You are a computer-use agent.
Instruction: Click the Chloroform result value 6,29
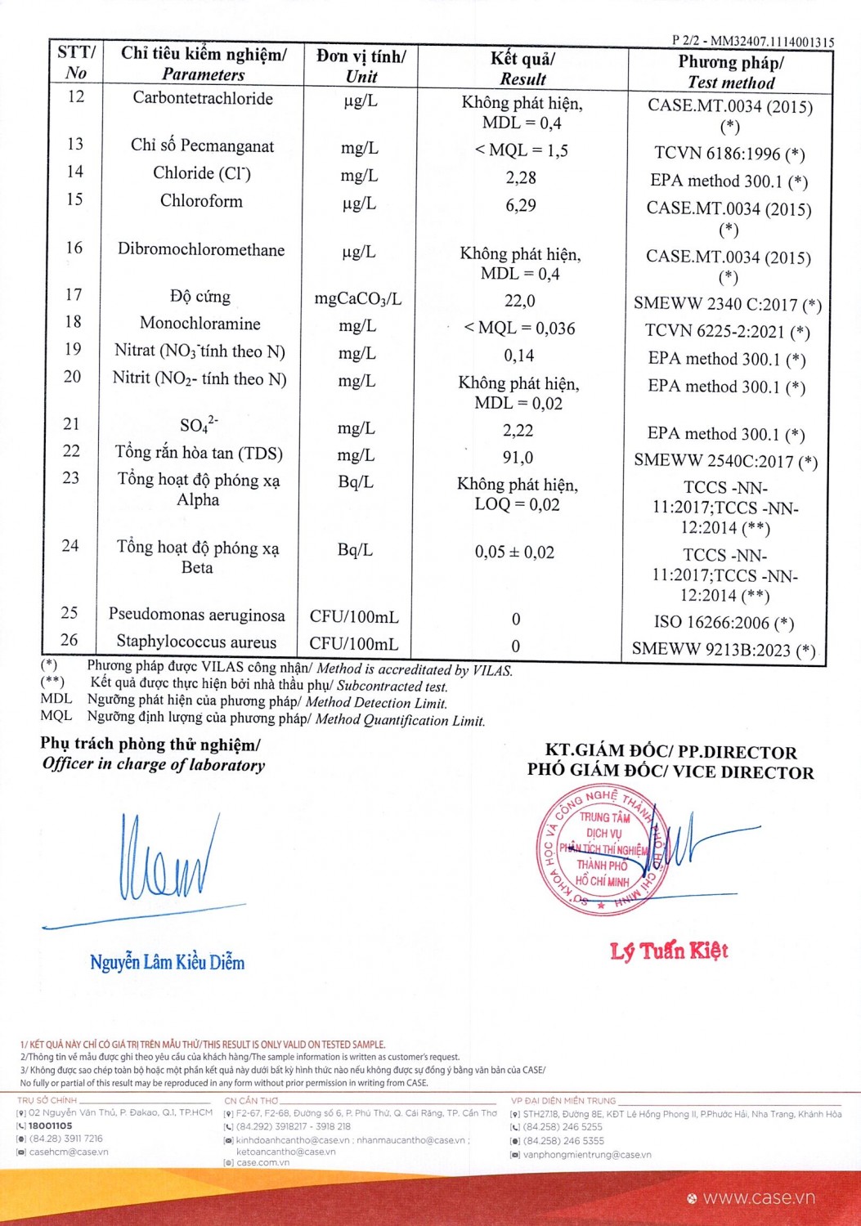521,205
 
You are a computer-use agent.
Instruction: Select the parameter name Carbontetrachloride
203,98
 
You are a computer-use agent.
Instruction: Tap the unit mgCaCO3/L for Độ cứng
358,299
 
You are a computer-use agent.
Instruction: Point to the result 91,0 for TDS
518,458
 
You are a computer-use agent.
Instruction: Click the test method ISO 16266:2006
724,623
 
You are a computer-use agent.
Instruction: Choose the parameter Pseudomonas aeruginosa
197,615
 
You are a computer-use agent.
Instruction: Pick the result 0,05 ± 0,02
514,553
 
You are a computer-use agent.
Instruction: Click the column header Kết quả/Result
522,69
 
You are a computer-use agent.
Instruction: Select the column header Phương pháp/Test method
731,72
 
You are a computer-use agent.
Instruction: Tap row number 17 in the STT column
74,294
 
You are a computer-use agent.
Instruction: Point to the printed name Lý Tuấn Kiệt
669,951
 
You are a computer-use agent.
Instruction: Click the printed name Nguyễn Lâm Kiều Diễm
167,962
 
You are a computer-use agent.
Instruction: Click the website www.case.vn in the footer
759,1198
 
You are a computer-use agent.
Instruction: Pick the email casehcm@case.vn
69,1152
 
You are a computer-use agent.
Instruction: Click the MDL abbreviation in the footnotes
56,699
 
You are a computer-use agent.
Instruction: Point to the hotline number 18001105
51,1125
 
